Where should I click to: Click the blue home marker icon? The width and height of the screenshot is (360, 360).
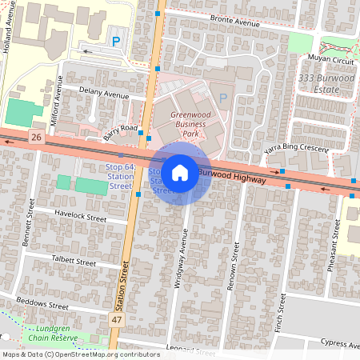pyautogui.click(x=180, y=173)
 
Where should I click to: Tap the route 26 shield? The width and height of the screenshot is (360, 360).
pyautogui.click(x=36, y=137)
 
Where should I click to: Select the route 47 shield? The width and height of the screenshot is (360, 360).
pyautogui.click(x=117, y=319)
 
